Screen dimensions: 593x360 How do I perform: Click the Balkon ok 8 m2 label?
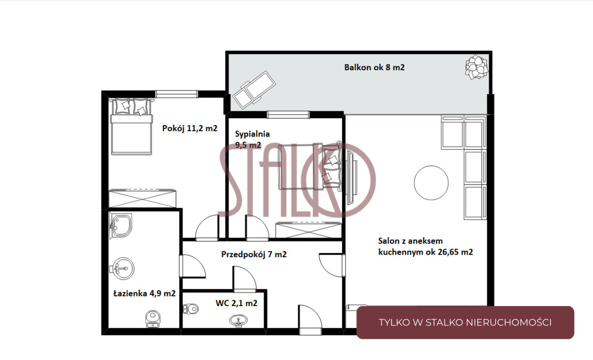(x=375, y=67)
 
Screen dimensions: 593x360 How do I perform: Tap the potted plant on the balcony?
(x=476, y=67)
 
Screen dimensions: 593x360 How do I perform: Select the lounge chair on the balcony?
(x=254, y=90)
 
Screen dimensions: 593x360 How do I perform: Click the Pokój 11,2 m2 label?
(x=190, y=128)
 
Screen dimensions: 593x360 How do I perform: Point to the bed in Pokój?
(x=131, y=127)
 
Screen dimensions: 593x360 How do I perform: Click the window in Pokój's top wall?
(x=176, y=94)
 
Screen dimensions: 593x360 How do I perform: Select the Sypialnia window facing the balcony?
(x=288, y=114)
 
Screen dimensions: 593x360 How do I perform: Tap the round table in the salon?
(x=431, y=183)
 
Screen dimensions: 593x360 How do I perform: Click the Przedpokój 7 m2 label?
(x=254, y=254)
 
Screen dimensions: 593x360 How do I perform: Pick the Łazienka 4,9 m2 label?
(x=144, y=293)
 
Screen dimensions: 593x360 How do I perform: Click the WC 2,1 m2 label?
(x=236, y=303)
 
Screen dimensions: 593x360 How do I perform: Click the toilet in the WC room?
(x=190, y=309)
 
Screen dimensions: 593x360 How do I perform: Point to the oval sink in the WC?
(x=239, y=321)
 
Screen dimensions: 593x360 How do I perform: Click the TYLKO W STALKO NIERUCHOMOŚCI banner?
(x=465, y=322)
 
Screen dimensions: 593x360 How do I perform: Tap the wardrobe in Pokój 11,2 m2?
(x=142, y=198)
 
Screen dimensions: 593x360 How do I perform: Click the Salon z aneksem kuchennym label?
(x=425, y=246)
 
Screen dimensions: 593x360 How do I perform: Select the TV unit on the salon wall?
(x=351, y=177)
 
